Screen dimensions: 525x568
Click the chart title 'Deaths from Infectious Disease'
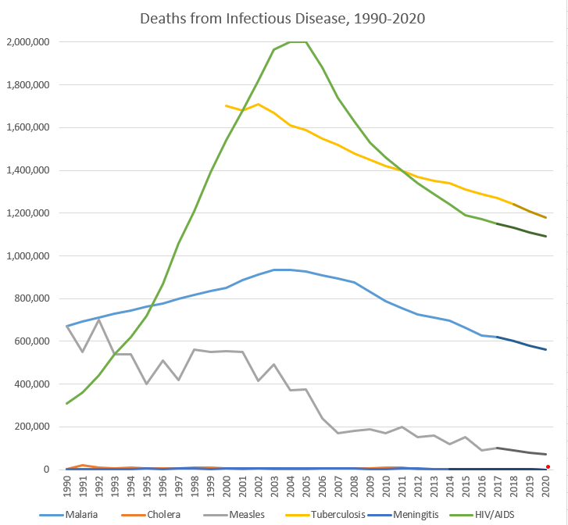click(282, 18)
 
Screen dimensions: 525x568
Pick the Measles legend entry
click(248, 515)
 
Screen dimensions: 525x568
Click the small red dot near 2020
click(548, 466)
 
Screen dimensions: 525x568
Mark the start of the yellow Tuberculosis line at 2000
click(226, 105)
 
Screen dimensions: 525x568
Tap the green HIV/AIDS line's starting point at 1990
click(67, 403)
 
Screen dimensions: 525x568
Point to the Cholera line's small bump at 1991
click(83, 465)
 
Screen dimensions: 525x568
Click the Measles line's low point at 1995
click(146, 384)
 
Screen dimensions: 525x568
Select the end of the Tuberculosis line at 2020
click(545, 217)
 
